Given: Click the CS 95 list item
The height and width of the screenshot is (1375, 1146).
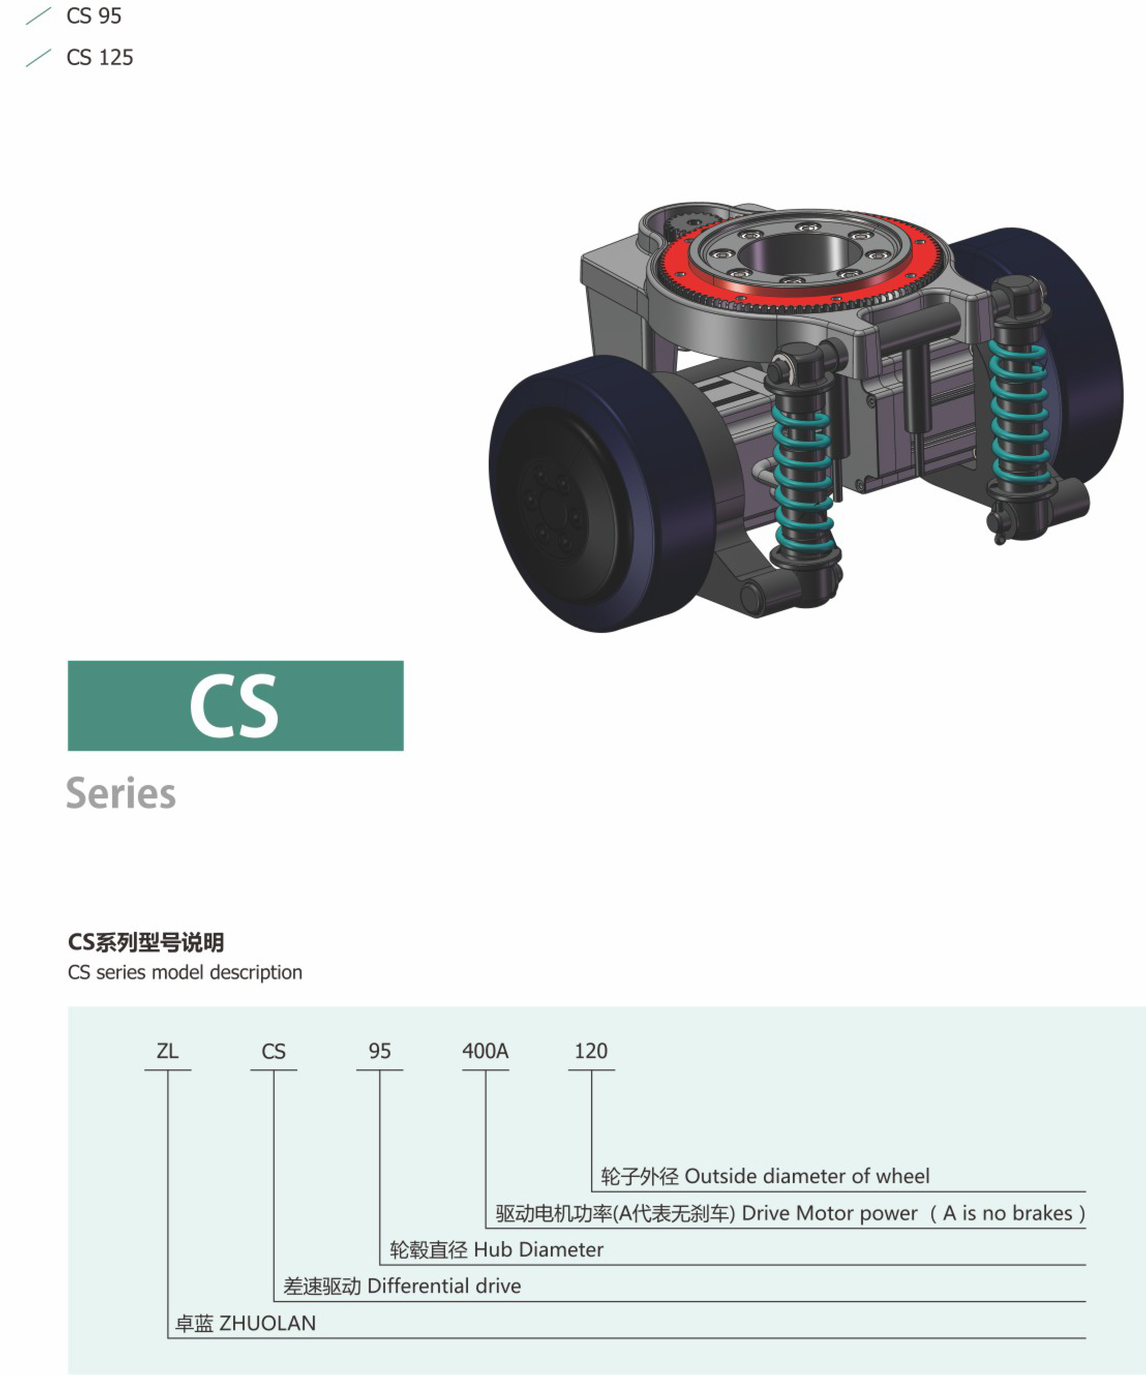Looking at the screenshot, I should click(x=94, y=16).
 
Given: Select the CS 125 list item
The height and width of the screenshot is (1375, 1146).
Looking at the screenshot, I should click(x=99, y=57).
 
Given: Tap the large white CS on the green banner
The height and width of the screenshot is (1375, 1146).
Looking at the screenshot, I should click(x=234, y=706).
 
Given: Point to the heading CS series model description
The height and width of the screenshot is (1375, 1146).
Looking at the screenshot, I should click(x=185, y=972).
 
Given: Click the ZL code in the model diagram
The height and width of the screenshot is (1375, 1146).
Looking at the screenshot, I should click(x=168, y=1051).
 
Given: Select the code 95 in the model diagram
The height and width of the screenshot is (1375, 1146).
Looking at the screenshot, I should click(x=379, y=1051).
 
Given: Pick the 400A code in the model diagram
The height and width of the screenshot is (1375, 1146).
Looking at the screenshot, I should click(x=485, y=1051).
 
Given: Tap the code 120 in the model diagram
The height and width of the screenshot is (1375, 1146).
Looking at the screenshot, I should click(x=591, y=1051).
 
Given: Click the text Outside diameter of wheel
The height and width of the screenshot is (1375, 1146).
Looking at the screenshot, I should click(x=806, y=1176).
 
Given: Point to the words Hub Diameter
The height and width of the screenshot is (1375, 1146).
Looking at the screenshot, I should click(x=538, y=1249).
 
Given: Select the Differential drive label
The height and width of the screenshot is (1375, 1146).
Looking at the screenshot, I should click(x=444, y=1286).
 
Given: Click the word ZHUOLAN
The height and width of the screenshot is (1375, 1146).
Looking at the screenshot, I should click(x=267, y=1323).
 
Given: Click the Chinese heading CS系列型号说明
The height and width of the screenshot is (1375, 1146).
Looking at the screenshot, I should click(x=146, y=942).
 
